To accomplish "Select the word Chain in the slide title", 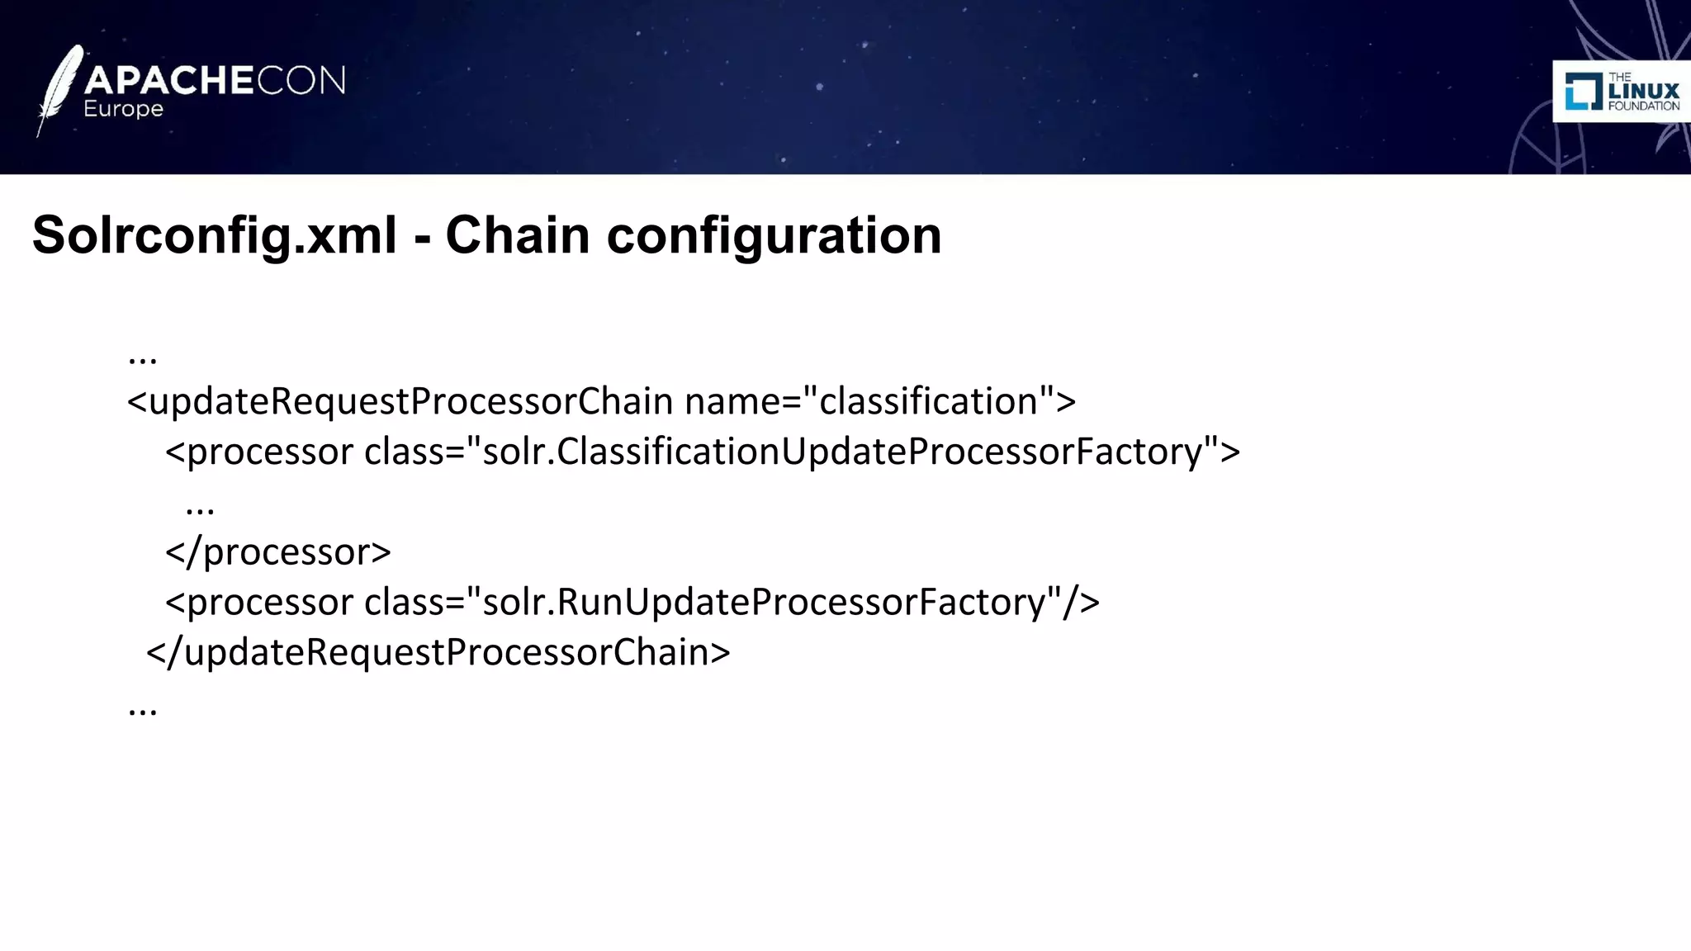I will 518,235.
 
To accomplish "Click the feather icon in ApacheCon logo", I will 59,89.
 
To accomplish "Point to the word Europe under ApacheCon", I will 123,109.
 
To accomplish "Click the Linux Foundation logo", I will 1622,91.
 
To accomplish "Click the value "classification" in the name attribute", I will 928,401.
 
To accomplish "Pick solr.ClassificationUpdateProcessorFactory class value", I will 842,452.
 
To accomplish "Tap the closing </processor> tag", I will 278,551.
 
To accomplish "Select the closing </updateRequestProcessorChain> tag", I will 438,652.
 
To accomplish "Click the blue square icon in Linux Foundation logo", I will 1583,91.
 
